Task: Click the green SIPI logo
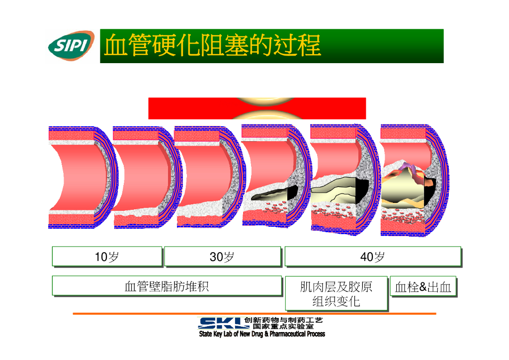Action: click(71, 46)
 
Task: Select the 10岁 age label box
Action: click(107, 257)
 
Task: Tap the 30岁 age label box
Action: click(222, 257)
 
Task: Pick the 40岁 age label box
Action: click(372, 257)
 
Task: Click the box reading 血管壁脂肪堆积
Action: click(167, 286)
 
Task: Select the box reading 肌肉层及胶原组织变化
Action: click(336, 294)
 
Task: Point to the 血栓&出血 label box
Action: click(423, 287)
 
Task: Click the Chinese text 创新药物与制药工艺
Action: click(284, 320)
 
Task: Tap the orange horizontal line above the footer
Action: click(254, 314)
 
